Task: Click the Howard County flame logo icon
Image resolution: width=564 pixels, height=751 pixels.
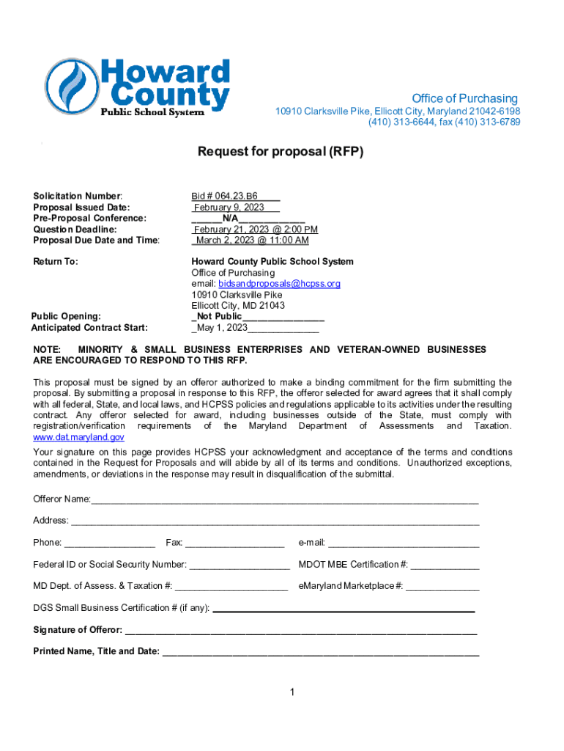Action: click(x=71, y=85)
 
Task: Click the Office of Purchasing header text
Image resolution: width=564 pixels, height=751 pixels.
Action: click(x=464, y=98)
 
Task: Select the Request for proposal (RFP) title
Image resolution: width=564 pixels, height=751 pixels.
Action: click(x=281, y=153)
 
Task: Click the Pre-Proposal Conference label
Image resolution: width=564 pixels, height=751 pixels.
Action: click(x=90, y=218)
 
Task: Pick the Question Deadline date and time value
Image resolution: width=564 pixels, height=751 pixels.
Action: click(x=254, y=230)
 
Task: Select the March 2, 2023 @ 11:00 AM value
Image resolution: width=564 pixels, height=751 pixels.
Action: click(x=251, y=241)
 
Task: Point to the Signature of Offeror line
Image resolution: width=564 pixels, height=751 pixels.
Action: click(x=300, y=631)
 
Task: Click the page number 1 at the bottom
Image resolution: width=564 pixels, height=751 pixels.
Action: click(x=292, y=692)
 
